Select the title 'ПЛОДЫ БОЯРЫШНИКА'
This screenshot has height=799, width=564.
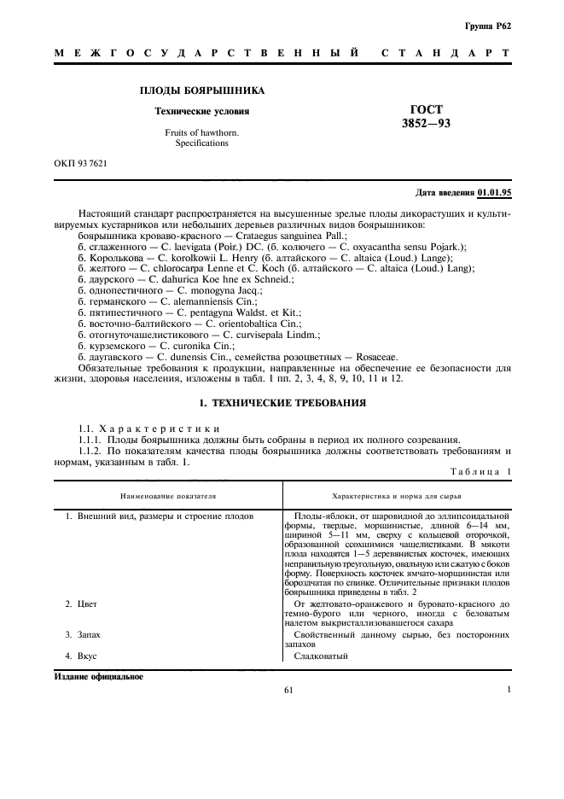201,90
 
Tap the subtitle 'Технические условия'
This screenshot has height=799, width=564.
201,111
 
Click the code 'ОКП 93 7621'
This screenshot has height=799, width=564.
81,160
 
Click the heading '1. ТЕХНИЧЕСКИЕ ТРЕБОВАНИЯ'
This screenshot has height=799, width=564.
282,401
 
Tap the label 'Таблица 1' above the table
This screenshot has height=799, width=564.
480,471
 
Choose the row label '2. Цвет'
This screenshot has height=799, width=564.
82,604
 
